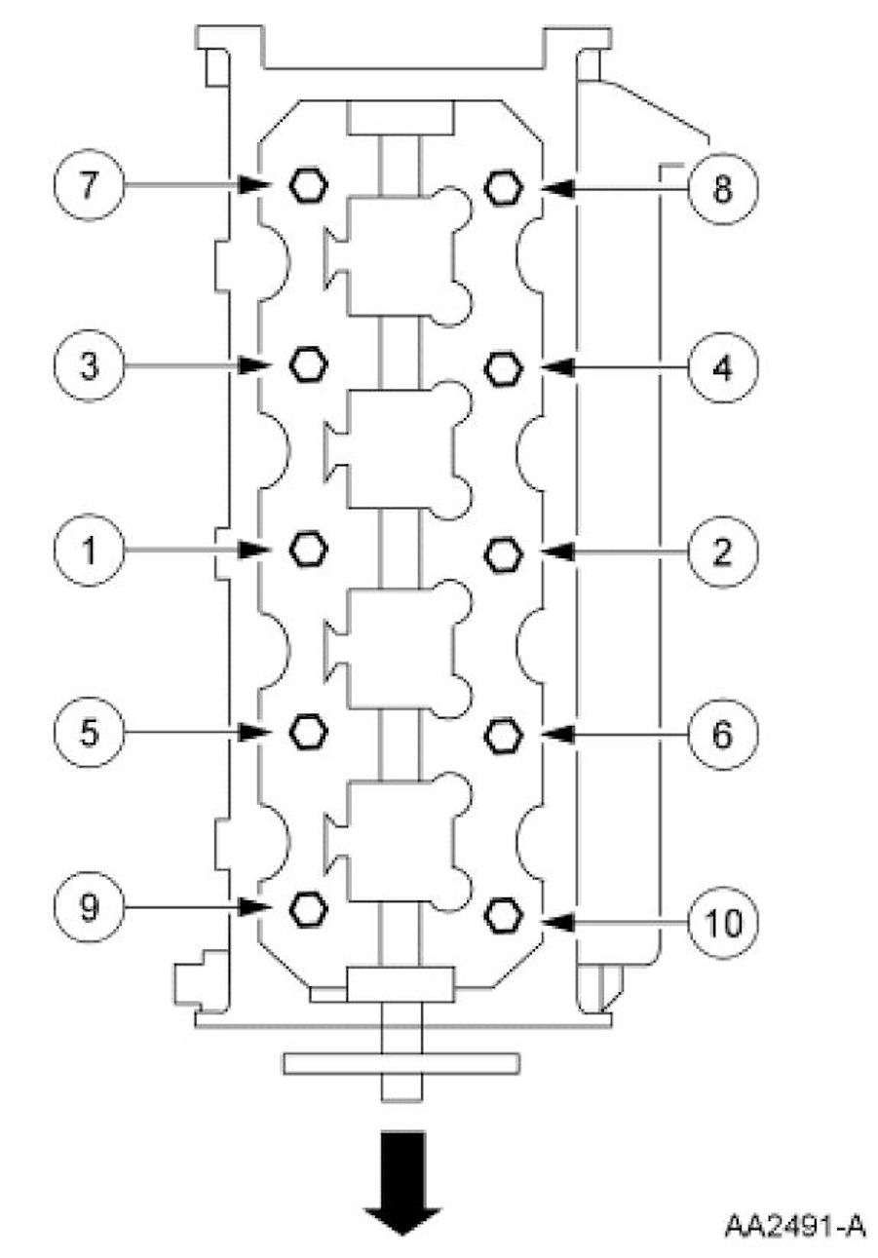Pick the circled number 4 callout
(x=722, y=367)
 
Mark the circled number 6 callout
(x=722, y=734)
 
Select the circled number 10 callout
(x=722, y=918)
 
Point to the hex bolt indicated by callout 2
(x=503, y=553)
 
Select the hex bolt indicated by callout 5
(x=308, y=731)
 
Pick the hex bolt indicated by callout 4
(x=503, y=367)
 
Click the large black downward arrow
(x=401, y=1182)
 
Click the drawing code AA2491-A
(x=794, y=1225)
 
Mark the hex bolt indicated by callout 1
(x=308, y=549)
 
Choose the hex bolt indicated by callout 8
(x=503, y=186)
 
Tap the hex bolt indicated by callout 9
(x=308, y=907)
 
